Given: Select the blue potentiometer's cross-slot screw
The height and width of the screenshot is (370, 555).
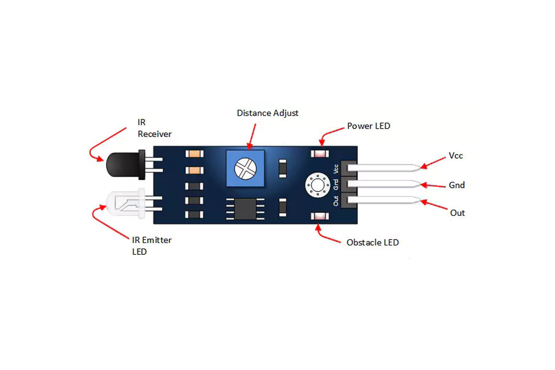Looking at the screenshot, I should (245, 168).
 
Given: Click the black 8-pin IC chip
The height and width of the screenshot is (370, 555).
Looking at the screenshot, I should (245, 209).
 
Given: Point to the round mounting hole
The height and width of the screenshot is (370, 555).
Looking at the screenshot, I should (318, 185).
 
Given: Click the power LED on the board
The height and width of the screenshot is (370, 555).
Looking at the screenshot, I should (320, 154).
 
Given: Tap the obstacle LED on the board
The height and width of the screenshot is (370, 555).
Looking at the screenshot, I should (320, 216).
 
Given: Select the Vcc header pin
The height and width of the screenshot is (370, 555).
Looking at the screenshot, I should (384, 168).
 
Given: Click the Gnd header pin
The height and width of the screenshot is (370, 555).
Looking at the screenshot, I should (384, 184).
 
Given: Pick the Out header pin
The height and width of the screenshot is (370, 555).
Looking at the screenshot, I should (384, 200).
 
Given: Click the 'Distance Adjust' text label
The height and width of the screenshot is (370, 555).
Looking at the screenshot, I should (268, 113).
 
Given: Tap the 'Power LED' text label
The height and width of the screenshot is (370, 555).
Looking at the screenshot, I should (369, 126).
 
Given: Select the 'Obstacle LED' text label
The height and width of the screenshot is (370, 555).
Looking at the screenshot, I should (373, 243).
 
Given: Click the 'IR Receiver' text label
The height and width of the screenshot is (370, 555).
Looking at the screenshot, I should (154, 128).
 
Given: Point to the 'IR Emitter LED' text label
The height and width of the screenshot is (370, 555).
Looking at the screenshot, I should (151, 246).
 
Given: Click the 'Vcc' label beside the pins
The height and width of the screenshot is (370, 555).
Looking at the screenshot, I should (456, 156).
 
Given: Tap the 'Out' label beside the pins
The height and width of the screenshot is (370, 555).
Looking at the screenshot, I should (457, 213).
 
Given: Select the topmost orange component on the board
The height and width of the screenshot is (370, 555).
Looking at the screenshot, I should (194, 154).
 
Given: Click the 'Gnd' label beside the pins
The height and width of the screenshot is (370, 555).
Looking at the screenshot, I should (457, 185).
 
